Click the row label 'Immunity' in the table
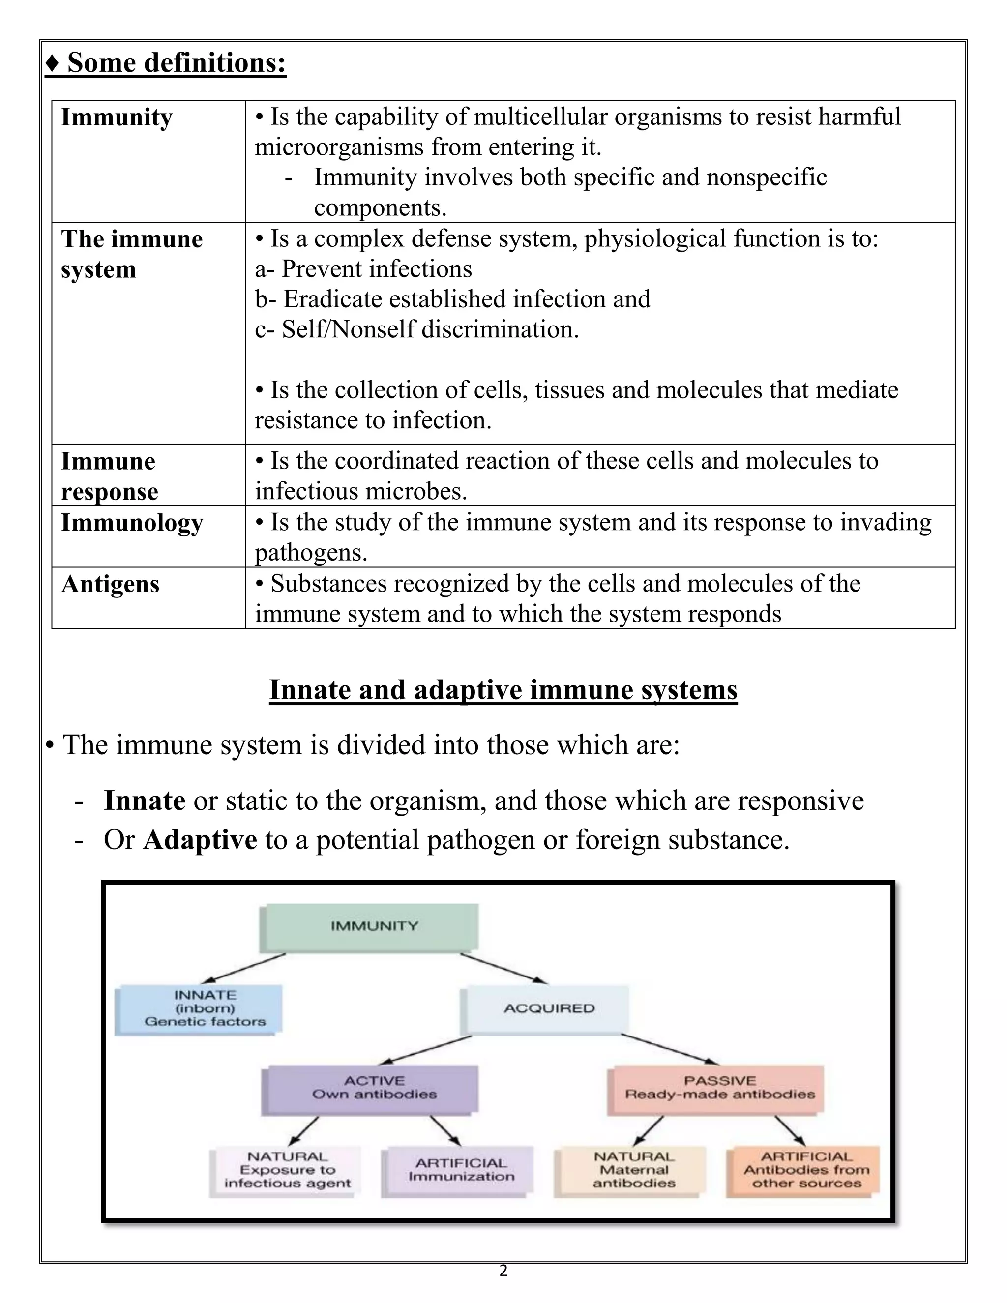[117, 118]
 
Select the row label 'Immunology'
[132, 523]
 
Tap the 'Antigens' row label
[110, 584]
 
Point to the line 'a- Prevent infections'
[363, 269]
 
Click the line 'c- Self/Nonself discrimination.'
[417, 330]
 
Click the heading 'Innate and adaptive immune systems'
[503, 690]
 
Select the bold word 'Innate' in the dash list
[145, 800]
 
